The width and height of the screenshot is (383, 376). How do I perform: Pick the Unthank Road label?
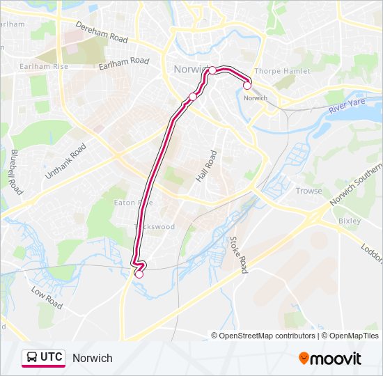pos(65,162)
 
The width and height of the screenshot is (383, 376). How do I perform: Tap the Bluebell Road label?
pos(15,171)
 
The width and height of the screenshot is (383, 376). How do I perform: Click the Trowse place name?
pos(308,191)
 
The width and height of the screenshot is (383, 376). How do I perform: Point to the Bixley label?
pos(349,221)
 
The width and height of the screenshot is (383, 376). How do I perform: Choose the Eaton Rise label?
pos(133,203)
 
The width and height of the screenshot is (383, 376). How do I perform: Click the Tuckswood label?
pos(155,227)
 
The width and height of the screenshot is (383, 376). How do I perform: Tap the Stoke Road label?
pos(239,254)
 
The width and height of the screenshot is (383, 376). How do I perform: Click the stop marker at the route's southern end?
pos(139,274)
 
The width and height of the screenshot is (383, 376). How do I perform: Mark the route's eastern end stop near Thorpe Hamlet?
pos(247,86)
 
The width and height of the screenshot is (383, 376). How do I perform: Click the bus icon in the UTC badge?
pos(32,358)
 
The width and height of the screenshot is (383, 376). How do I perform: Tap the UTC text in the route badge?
pos(51,358)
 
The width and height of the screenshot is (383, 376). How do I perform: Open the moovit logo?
pos(330,359)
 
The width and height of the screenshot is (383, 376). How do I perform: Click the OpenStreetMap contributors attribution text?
pos(267,336)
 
